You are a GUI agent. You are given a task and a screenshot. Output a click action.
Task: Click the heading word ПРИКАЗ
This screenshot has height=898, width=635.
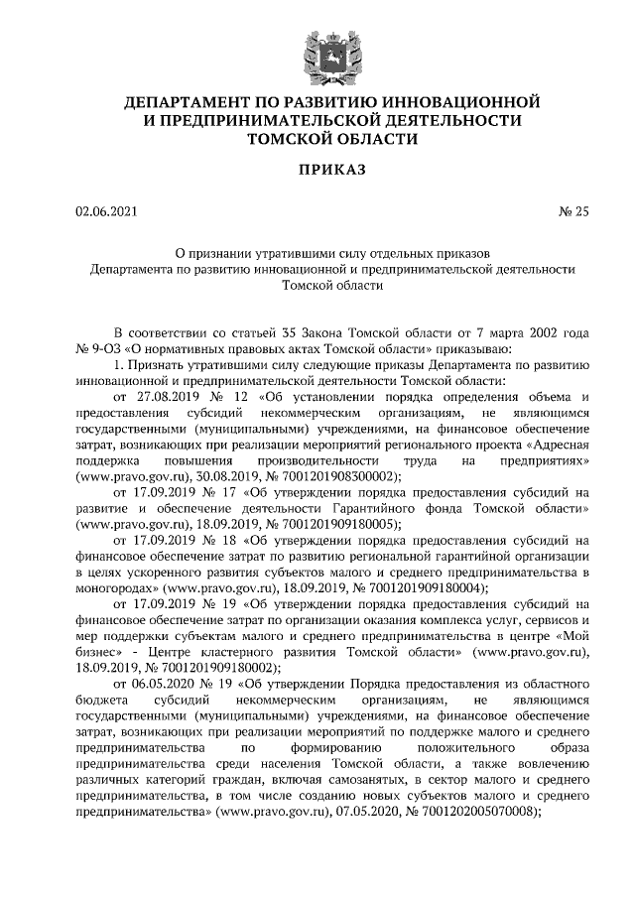317,172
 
